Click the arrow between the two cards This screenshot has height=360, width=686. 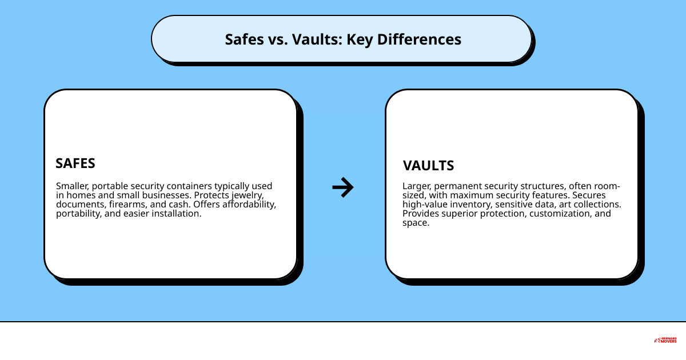(343, 187)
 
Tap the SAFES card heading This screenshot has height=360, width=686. (75, 163)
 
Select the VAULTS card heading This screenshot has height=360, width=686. (428, 166)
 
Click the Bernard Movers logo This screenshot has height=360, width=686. (665, 340)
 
